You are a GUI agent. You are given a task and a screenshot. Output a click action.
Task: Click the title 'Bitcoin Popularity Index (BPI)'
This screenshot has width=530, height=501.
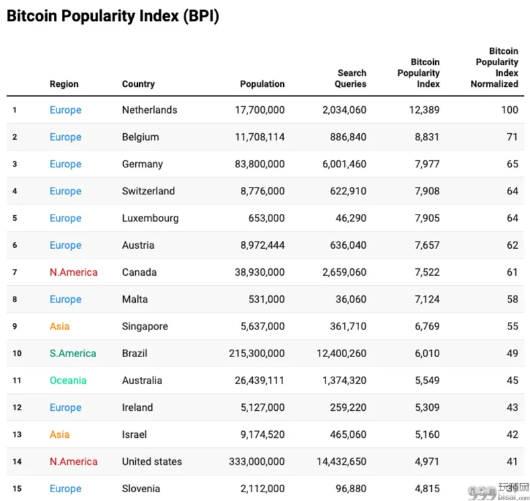pos(113,16)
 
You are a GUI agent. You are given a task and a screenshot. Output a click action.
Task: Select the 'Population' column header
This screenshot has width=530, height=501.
pos(262,84)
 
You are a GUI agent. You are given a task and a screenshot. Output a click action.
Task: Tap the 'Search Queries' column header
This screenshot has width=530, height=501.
pos(350,79)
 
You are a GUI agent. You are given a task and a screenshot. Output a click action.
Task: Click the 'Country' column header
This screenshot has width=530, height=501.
pos(139,84)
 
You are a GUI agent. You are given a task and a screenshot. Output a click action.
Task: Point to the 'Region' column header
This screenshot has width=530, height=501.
pos(64,84)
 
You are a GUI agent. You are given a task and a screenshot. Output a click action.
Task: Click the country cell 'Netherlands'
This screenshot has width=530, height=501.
pos(149,110)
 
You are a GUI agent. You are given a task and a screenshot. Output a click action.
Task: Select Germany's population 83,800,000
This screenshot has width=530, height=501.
pos(260,164)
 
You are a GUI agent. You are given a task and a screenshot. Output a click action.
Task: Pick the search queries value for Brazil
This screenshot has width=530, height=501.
pos(342,353)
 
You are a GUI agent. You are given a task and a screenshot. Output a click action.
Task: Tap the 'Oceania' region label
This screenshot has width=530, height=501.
pos(68,381)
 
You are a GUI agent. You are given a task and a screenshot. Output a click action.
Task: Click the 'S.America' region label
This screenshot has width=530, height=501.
pos(73,353)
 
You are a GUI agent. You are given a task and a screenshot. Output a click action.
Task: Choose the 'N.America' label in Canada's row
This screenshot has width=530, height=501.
pos(73,272)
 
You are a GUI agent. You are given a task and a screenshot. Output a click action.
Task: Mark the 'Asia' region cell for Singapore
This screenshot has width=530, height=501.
pos(59,326)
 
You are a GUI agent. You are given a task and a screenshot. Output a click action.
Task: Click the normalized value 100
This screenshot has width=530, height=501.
pos(509,110)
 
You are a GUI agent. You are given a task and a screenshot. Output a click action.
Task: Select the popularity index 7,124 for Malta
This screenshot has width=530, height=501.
pos(427,299)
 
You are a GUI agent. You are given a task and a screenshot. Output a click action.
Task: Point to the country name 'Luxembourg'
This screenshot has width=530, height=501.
pos(150,218)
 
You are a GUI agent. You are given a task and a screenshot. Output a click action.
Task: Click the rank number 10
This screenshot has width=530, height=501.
pos(17,353)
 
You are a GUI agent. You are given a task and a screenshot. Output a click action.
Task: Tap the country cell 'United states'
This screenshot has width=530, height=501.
pos(152,461)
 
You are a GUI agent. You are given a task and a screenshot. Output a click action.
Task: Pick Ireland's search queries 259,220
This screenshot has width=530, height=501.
pos(348,408)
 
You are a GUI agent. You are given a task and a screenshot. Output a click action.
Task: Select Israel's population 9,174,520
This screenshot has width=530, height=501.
pos(262,434)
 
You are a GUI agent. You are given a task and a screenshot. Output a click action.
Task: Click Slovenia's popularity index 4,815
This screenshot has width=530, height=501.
pos(427,488)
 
